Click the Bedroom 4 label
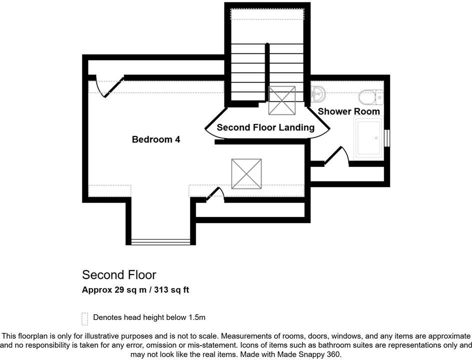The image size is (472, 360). (155, 139)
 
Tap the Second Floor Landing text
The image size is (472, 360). (265, 127)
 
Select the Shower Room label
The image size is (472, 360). (348, 111)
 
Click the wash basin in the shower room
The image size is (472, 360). (317, 93)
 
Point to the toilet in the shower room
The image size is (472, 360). (370, 96)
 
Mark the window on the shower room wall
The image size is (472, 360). (386, 138)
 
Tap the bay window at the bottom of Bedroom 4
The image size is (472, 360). (160, 242)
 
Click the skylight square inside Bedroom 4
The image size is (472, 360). (246, 174)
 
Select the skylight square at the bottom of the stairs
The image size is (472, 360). (281, 100)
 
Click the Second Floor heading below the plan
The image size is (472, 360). (119, 274)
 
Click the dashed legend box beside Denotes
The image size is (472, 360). (84, 318)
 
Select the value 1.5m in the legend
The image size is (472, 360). (196, 317)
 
